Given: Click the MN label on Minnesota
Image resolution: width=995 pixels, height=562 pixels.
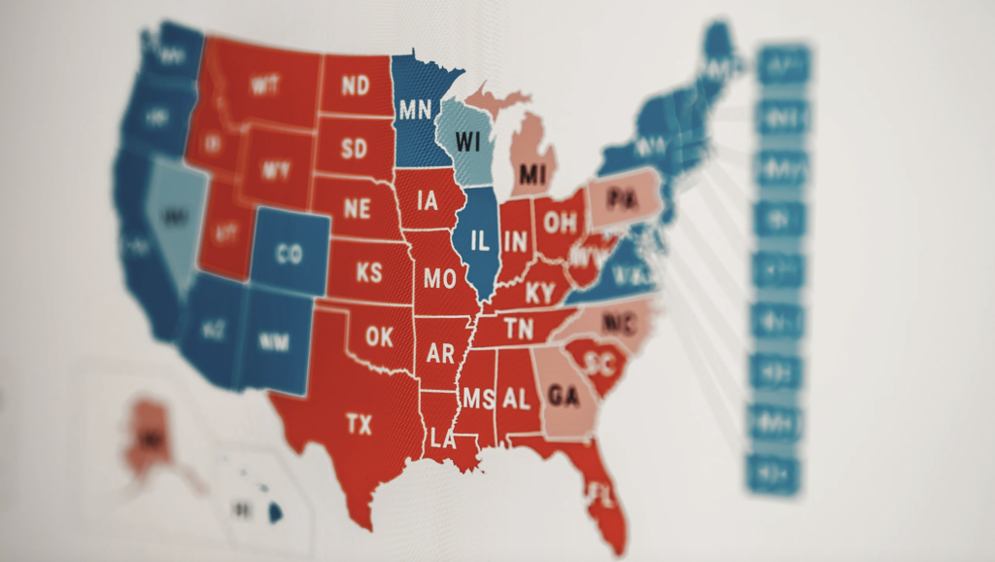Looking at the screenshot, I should tap(415, 108).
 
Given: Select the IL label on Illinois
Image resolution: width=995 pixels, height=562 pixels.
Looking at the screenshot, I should tap(479, 241).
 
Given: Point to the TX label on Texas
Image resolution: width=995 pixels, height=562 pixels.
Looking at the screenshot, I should tap(359, 424).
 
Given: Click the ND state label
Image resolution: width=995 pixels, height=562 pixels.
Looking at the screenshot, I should tap(355, 86).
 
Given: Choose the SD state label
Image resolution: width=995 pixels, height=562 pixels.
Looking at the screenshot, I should tap(355, 150).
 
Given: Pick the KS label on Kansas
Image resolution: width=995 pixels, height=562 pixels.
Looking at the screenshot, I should tap(369, 272).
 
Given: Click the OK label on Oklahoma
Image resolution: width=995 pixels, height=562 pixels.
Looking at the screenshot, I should tap(379, 336).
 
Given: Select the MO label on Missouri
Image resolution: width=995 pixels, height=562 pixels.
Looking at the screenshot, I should tap(438, 279).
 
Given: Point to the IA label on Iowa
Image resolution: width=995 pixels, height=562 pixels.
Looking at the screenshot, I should tap(427, 201).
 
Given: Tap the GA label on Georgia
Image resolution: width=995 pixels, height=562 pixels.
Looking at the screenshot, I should tap(564, 396).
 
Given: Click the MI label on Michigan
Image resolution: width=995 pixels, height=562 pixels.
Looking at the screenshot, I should tap(532, 174).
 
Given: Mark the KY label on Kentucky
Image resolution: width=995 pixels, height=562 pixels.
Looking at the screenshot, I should tap(540, 292).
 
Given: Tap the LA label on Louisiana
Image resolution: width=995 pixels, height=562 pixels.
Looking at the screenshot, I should tap(442, 439).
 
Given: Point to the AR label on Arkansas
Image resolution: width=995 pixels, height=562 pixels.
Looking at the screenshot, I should tap(440, 352).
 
